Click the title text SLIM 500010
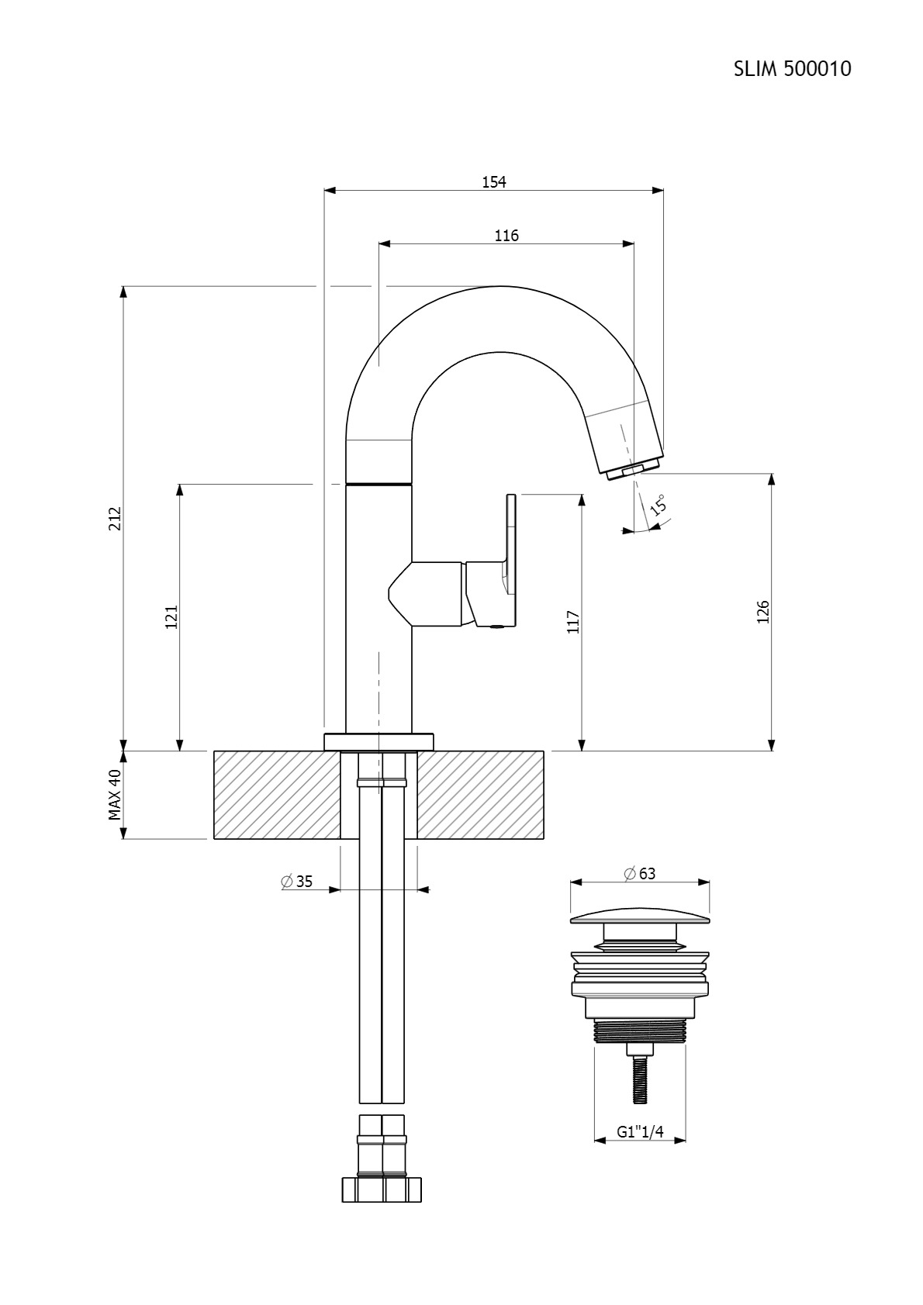[792, 69]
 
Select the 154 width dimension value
[493, 182]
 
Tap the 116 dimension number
[506, 236]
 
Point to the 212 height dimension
[115, 518]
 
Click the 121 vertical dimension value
[171, 617]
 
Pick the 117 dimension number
[573, 622]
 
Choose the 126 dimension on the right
[762, 612]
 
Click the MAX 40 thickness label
[115, 795]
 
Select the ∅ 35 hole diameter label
[296, 882]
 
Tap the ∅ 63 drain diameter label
[639, 874]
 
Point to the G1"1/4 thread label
[640, 1131]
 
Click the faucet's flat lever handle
[511, 560]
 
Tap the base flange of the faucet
[379, 741]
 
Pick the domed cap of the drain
[640, 918]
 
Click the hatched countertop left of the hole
[277, 795]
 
